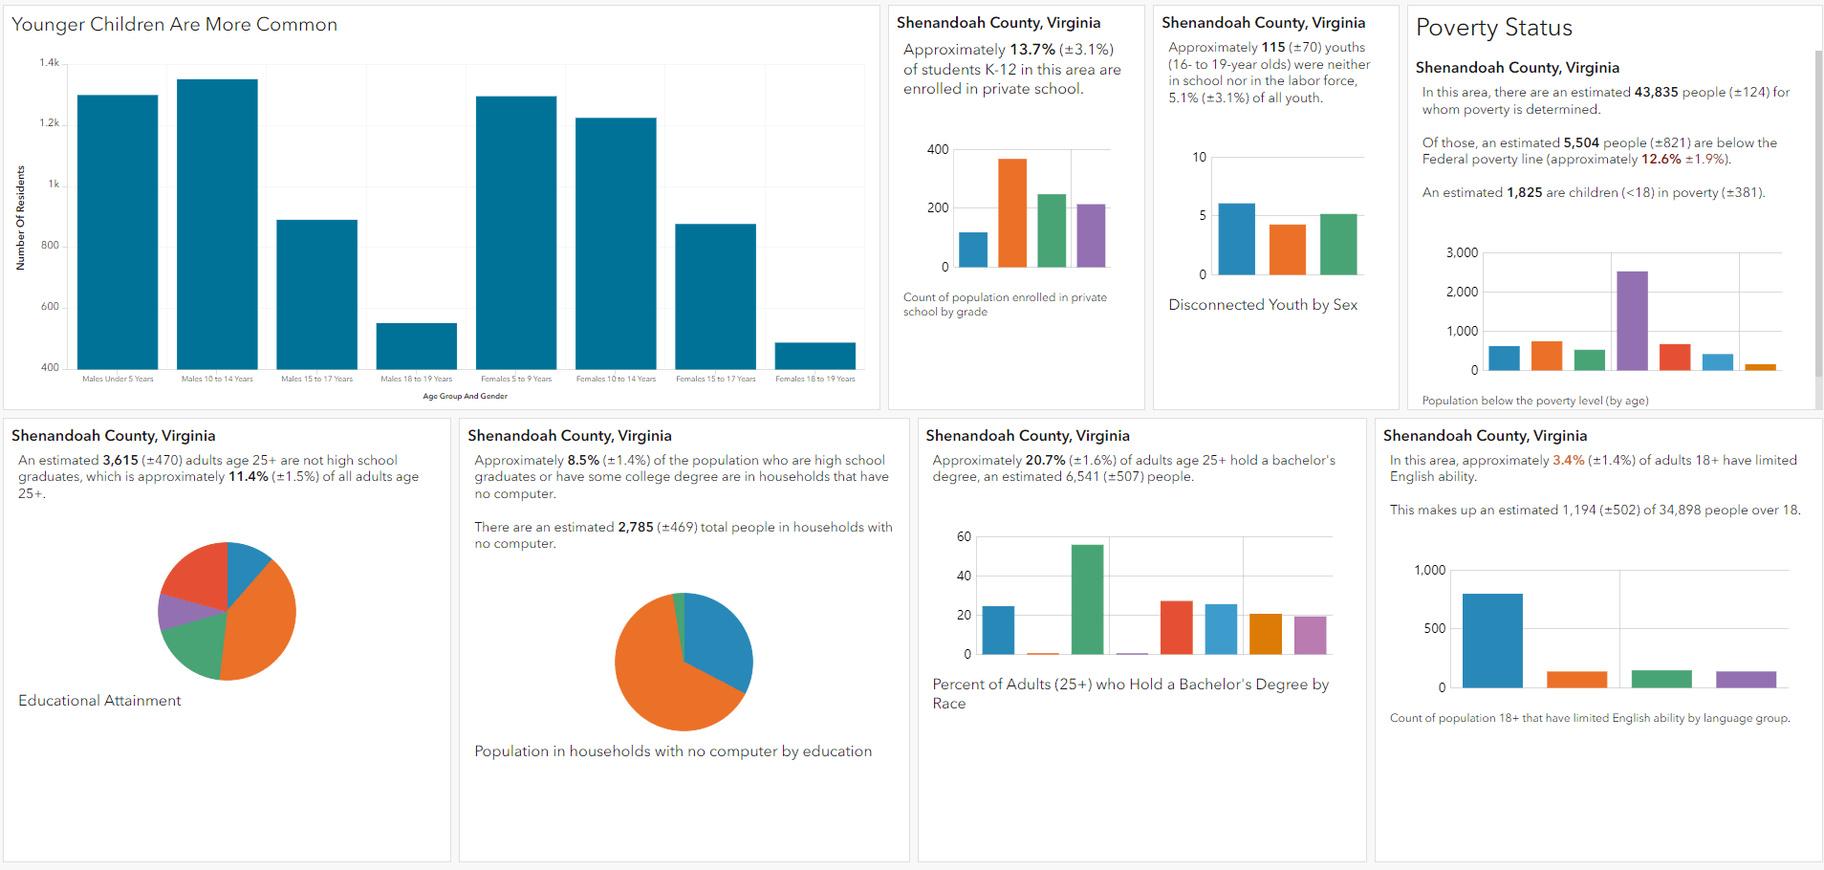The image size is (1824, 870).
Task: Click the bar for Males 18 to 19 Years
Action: click(417, 346)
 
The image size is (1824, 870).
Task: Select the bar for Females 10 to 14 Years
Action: click(616, 243)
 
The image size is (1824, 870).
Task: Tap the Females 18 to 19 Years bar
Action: click(814, 356)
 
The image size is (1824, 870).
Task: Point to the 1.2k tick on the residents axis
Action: click(50, 123)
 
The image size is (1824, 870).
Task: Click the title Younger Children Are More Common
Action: click(174, 25)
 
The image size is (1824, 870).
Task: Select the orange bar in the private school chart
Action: click(1012, 213)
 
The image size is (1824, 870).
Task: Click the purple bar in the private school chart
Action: click(1091, 235)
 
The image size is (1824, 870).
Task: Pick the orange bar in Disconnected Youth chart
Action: click(1288, 250)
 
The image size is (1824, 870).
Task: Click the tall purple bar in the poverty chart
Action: click(1632, 320)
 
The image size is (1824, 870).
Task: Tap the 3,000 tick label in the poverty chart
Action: click(1462, 252)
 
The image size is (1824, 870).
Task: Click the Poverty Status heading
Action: click(1493, 29)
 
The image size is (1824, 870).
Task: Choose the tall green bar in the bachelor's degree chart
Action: click(1087, 599)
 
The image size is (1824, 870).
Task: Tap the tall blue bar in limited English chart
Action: click(1492, 641)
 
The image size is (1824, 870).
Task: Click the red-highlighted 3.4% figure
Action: click(1568, 461)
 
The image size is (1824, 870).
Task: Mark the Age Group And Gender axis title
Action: click(466, 396)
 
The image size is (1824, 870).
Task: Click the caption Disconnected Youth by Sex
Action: click(1263, 305)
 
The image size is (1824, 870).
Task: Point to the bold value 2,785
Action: click(636, 528)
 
